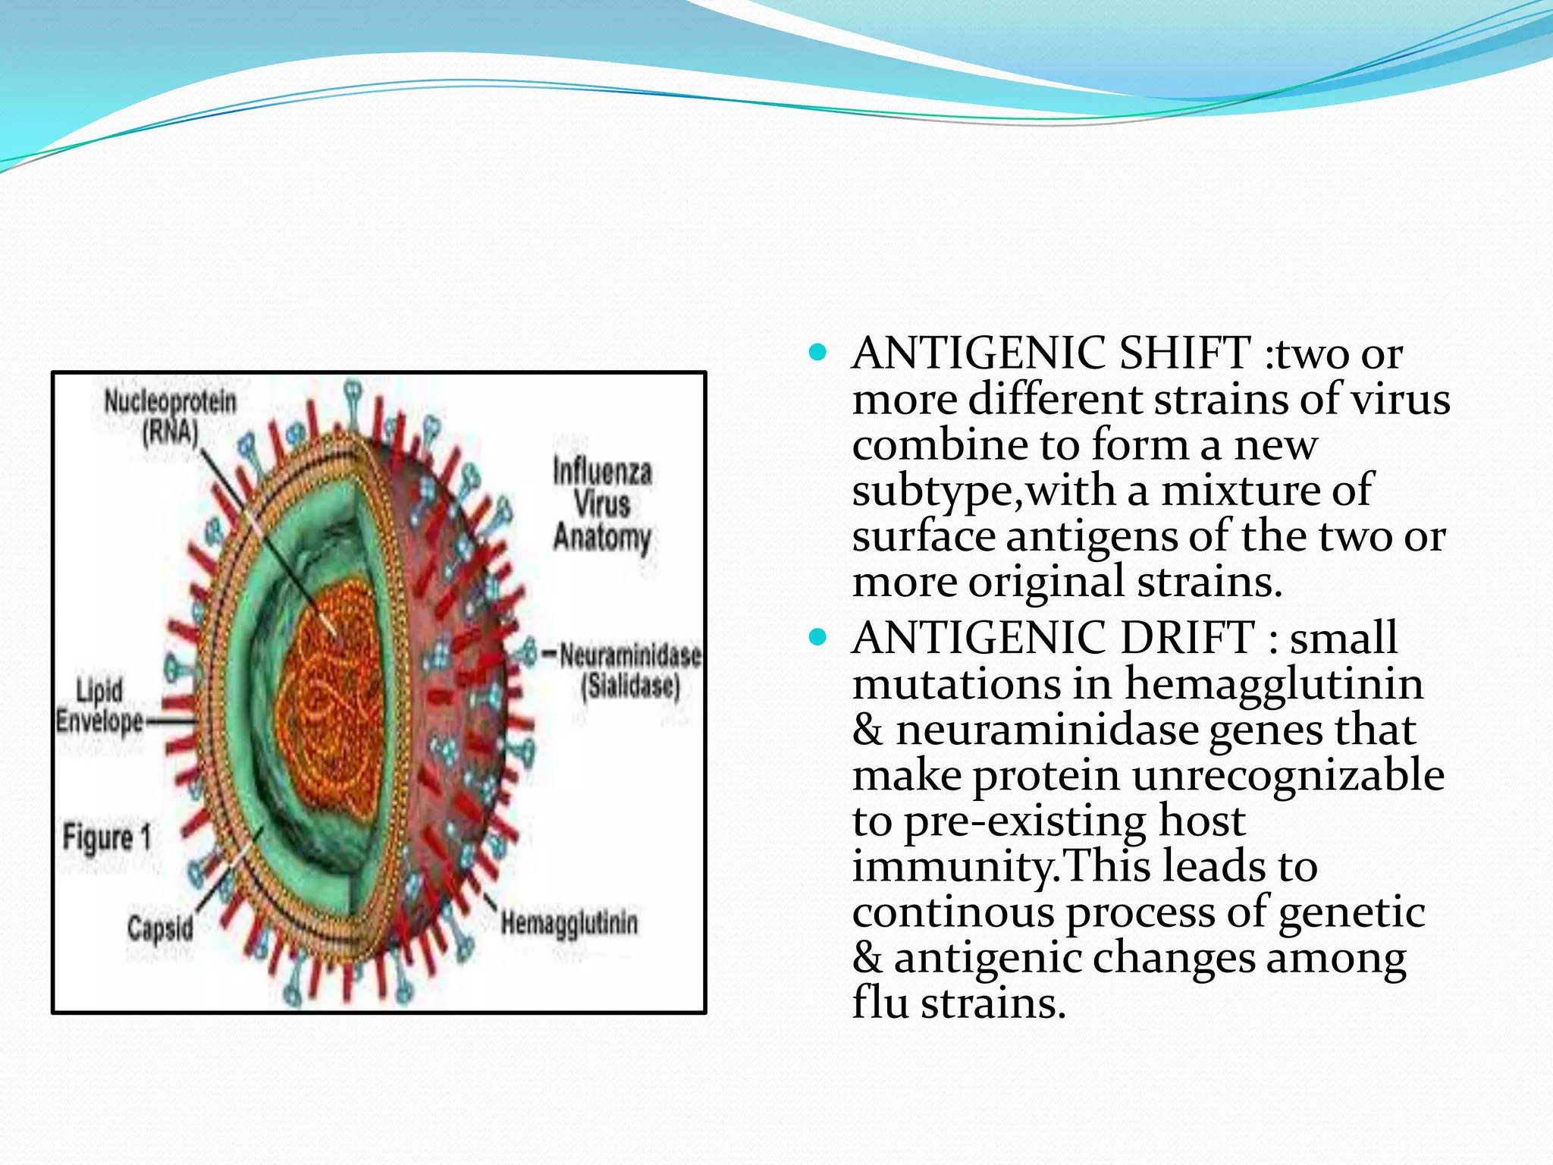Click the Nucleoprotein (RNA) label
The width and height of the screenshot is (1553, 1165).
pos(170,416)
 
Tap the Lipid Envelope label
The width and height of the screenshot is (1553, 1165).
pos(99,706)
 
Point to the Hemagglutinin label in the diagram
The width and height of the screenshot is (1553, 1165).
pos(569,923)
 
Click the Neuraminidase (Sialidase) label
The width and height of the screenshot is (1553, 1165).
pos(630,670)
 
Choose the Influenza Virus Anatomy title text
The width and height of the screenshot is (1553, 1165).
pos(602,504)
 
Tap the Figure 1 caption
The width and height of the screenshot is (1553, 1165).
pos(107,838)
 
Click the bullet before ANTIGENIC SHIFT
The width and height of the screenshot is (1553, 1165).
pos(817,353)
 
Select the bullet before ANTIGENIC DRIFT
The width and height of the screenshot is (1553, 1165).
pos(817,636)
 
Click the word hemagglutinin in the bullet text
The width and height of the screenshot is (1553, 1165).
pos(1273,683)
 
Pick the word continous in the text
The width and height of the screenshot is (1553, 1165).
pos(953,912)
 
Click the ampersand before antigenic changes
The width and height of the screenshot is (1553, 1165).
pos(867,958)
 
